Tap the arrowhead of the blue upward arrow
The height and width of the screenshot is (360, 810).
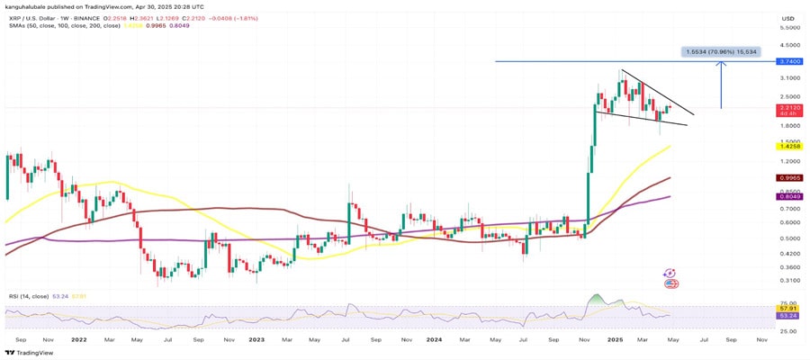(722, 65)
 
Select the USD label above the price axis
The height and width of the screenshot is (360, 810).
(787, 18)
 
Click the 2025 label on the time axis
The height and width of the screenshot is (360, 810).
(616, 341)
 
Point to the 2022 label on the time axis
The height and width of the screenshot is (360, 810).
(78, 341)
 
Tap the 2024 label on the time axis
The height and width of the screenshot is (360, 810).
(436, 341)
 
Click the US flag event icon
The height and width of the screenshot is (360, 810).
(670, 283)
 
